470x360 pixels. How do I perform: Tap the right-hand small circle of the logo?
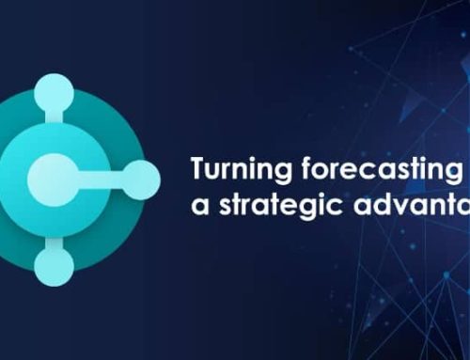[x=142, y=174]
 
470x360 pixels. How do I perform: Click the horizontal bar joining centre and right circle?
[x=103, y=175]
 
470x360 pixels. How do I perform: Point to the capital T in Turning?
[x=197, y=170]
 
